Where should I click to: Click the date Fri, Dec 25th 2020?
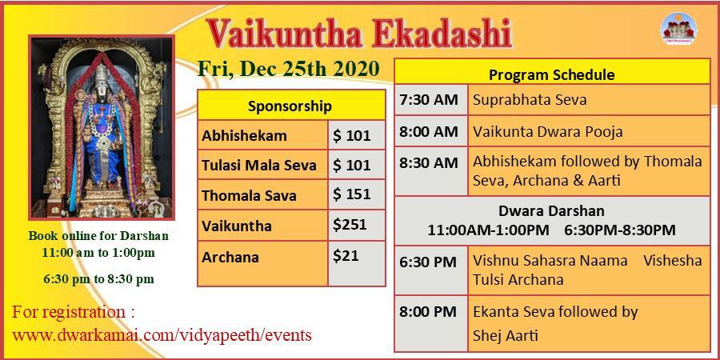coord(288,69)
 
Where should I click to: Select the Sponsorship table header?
coord(291,106)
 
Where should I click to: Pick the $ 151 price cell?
coord(356,194)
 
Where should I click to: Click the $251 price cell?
coord(356,225)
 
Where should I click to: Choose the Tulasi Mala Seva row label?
coord(259,166)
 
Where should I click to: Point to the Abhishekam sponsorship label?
coord(244,136)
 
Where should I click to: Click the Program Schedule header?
coord(552,75)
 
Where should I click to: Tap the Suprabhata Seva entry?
coord(530,100)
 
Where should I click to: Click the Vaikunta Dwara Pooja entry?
coord(548,132)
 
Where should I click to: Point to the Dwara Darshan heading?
coord(551,211)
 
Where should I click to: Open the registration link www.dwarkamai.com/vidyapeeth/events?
coord(162,334)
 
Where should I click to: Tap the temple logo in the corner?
coord(678,28)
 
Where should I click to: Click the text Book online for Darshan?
coord(98,236)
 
